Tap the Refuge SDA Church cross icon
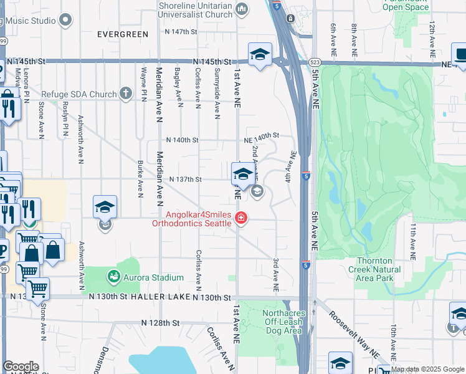125,94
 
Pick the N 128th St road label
160,323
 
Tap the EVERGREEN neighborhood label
123,34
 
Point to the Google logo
21,367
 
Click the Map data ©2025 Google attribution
427,369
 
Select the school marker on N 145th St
260,54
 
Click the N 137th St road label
185,180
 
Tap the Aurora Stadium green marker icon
113,276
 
